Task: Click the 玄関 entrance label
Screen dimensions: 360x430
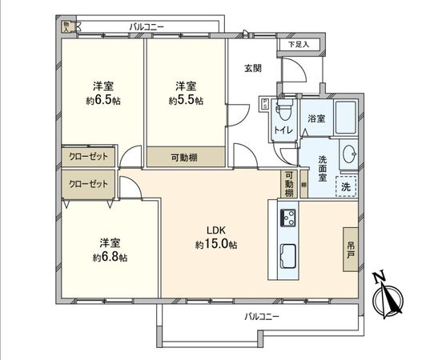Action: tap(253, 68)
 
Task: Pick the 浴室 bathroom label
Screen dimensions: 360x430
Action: tap(316, 118)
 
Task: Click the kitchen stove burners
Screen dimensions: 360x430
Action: tap(288, 217)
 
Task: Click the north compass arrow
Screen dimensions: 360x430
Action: tap(389, 297)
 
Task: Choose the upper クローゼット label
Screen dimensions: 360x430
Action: tap(89, 155)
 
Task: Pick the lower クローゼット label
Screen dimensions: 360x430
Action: tap(89, 183)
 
